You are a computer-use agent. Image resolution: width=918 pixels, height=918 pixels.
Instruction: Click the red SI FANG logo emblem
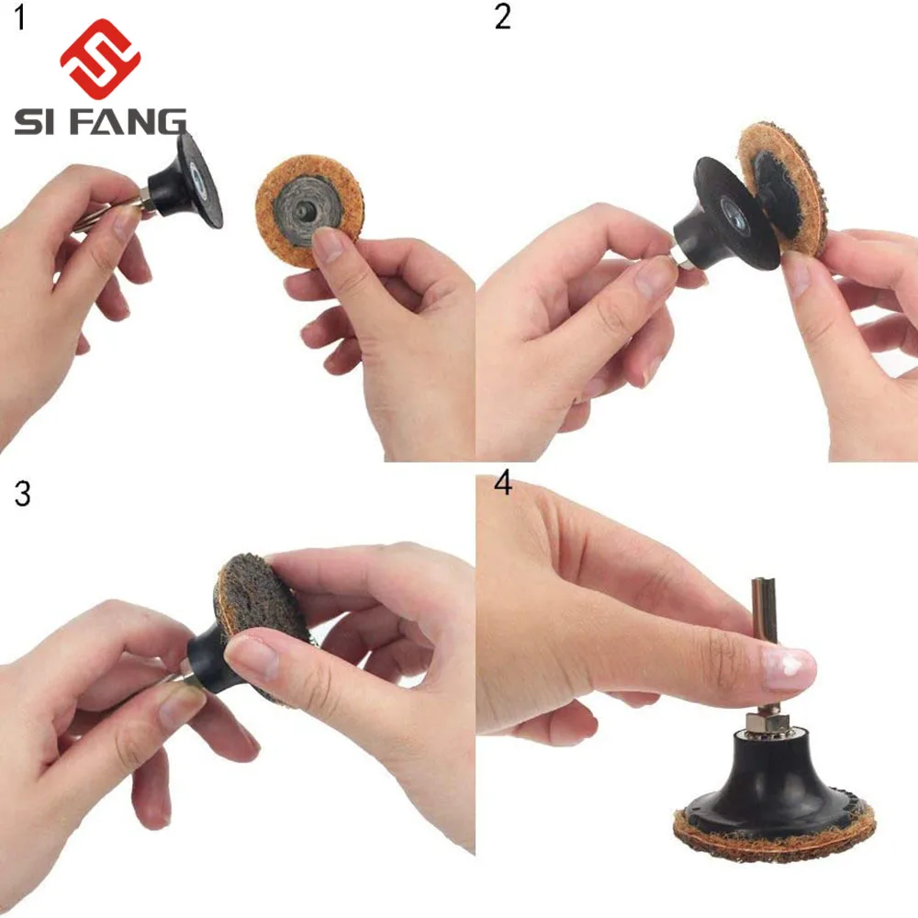coord(100,58)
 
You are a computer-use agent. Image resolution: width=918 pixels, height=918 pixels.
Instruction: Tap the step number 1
coord(20,17)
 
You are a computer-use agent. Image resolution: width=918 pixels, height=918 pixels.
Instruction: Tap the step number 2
coord(502,17)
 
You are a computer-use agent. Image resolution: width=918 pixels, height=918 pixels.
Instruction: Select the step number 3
coord(22,493)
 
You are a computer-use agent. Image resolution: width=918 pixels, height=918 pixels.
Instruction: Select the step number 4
coord(503,485)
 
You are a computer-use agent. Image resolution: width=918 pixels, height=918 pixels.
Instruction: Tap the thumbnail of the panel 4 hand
coord(788,668)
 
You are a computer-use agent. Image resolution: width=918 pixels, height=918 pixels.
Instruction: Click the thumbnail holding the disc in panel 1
coord(328,245)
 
